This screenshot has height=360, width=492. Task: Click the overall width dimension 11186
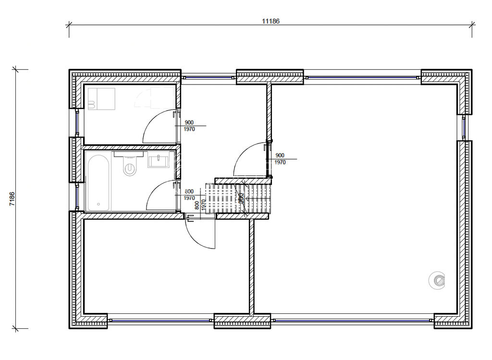coord(271,21)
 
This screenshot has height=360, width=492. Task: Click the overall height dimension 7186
coord(12,199)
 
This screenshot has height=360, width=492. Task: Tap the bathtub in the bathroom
coord(98,183)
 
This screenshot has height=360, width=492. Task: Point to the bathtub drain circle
coord(98,204)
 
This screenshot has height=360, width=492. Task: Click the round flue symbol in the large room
coord(438,280)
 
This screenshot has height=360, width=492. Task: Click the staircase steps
coord(238,198)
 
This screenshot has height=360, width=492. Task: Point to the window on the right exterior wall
coord(465,127)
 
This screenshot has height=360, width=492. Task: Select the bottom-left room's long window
coord(160,320)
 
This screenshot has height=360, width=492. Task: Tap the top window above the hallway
coord(209,76)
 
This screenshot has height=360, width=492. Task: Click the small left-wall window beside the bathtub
coord(77,197)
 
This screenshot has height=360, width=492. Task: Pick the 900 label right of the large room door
coord(280,155)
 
